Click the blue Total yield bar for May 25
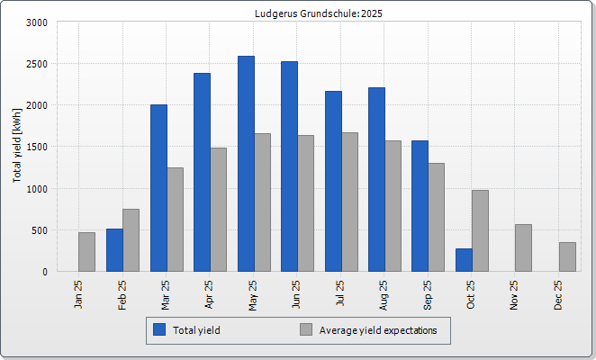tap(246, 163)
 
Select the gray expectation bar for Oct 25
tap(480, 230)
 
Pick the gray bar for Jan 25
tap(86, 251)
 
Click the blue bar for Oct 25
tap(464, 259)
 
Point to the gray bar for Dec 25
tap(567, 256)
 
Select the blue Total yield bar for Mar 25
tap(158, 187)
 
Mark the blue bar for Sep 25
tap(420, 205)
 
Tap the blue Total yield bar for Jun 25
tap(289, 166)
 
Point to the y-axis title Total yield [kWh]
tap(18, 147)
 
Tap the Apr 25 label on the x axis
tap(210, 292)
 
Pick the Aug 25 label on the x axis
tap(384, 292)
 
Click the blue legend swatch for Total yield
tap(159, 329)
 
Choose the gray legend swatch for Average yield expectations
tap(306, 329)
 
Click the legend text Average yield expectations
tap(378, 330)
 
